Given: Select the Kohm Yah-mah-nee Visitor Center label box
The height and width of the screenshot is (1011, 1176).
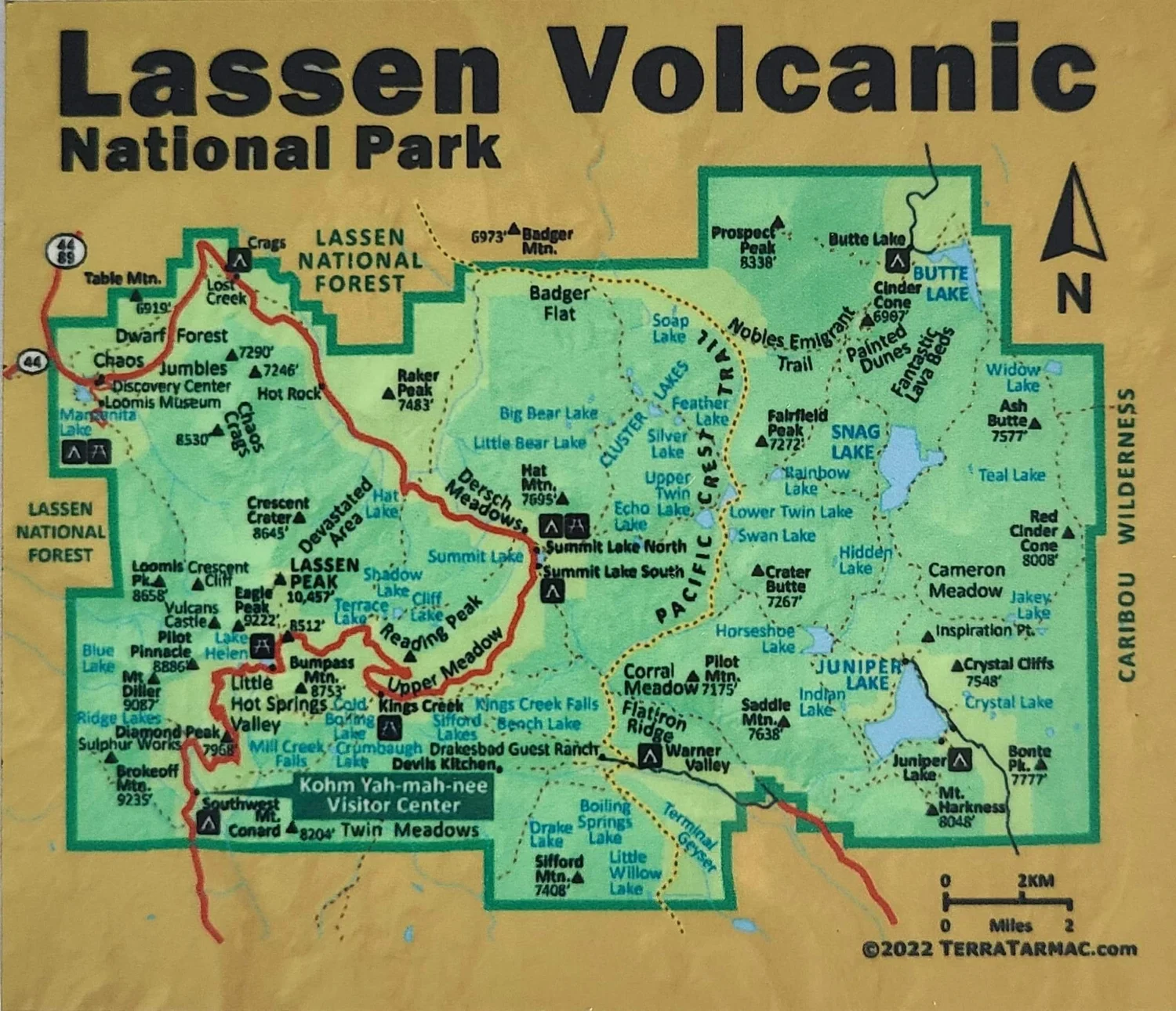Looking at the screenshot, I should pyautogui.click(x=394, y=795).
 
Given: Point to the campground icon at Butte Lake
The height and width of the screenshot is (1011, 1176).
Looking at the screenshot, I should pyautogui.click(x=897, y=260).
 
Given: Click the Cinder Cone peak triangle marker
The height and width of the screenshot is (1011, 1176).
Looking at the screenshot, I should pyautogui.click(x=866, y=321).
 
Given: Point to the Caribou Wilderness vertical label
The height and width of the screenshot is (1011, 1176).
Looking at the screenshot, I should pyautogui.click(x=1127, y=533).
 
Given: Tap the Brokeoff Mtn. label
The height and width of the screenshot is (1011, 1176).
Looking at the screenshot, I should pyautogui.click(x=135, y=785).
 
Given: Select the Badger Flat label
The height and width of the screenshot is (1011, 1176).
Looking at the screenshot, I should pyautogui.click(x=559, y=304).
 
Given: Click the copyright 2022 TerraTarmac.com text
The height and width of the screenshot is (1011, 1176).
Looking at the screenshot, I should pyautogui.click(x=1000, y=949).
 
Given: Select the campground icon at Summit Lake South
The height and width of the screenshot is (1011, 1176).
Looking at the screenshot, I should pyautogui.click(x=553, y=591).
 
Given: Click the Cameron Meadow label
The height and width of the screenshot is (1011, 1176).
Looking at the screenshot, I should pyautogui.click(x=966, y=580).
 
